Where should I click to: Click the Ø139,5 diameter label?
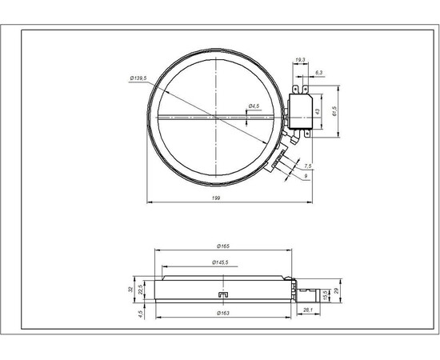[x=140, y=78]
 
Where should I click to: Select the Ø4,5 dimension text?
[x=253, y=106]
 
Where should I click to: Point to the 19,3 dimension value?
[x=299, y=60]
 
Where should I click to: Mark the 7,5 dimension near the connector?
[x=308, y=165]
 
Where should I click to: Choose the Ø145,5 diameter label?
[x=220, y=262]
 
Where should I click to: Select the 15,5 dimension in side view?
[x=324, y=294]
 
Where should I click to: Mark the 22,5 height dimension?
[x=142, y=288]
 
